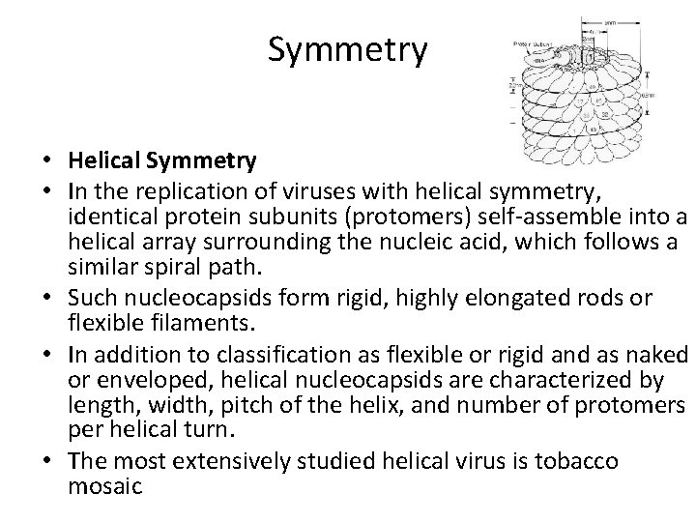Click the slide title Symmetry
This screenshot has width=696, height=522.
[347, 50]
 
